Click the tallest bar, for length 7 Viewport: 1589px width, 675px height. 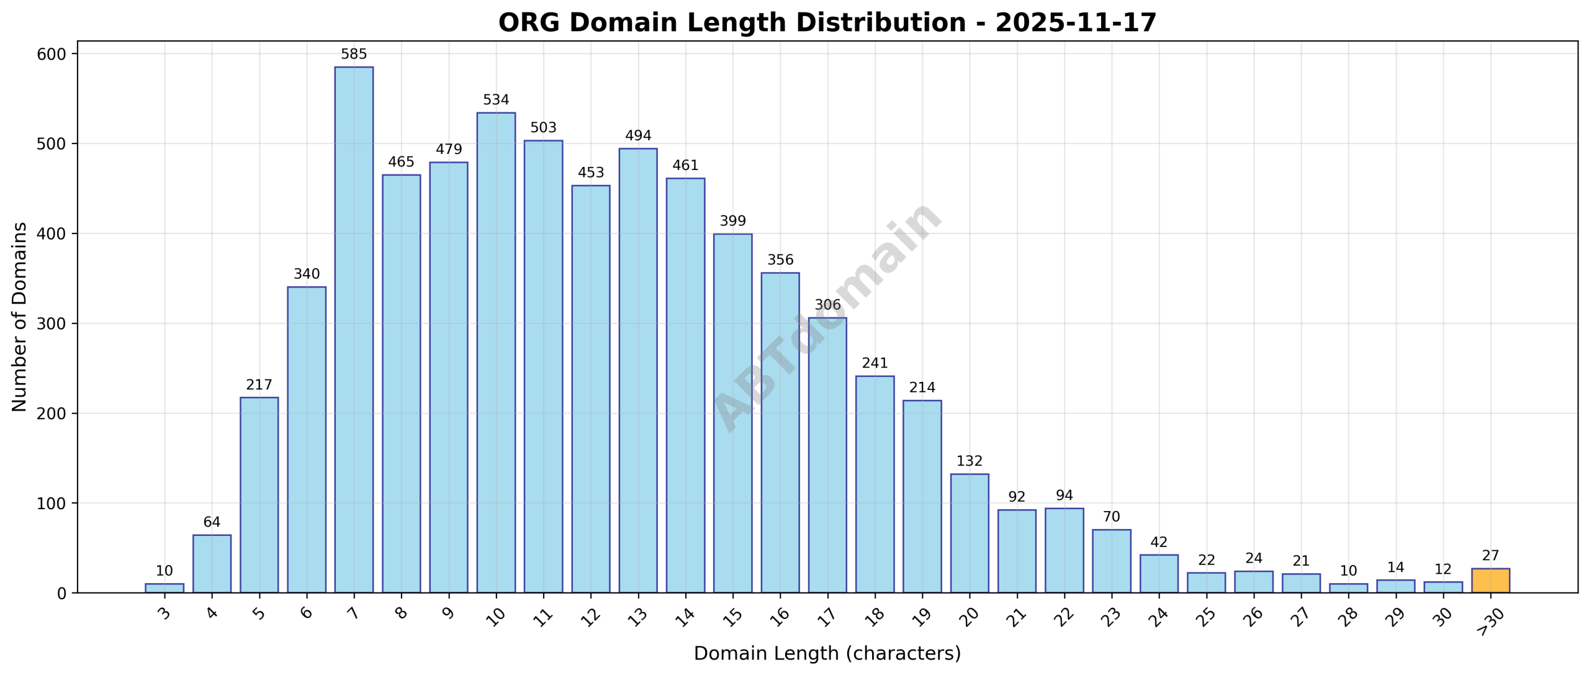354,329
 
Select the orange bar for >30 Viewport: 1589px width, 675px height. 1490,581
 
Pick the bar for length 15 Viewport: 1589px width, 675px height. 732,413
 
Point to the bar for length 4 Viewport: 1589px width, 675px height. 212,563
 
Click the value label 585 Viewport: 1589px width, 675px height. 354,55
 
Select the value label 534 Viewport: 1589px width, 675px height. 496,100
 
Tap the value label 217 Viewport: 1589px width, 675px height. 259,385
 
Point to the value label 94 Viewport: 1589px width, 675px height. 1064,496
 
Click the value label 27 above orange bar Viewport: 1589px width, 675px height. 1490,556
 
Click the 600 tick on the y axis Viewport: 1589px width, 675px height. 52,54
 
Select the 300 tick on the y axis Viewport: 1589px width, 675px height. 52,324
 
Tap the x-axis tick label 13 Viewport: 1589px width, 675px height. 637,617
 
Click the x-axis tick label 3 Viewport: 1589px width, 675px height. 164,614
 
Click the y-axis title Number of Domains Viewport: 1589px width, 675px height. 19,317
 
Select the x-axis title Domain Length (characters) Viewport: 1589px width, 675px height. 827,654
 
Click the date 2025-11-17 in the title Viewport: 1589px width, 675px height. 1076,23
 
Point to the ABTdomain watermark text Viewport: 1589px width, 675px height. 827,317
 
